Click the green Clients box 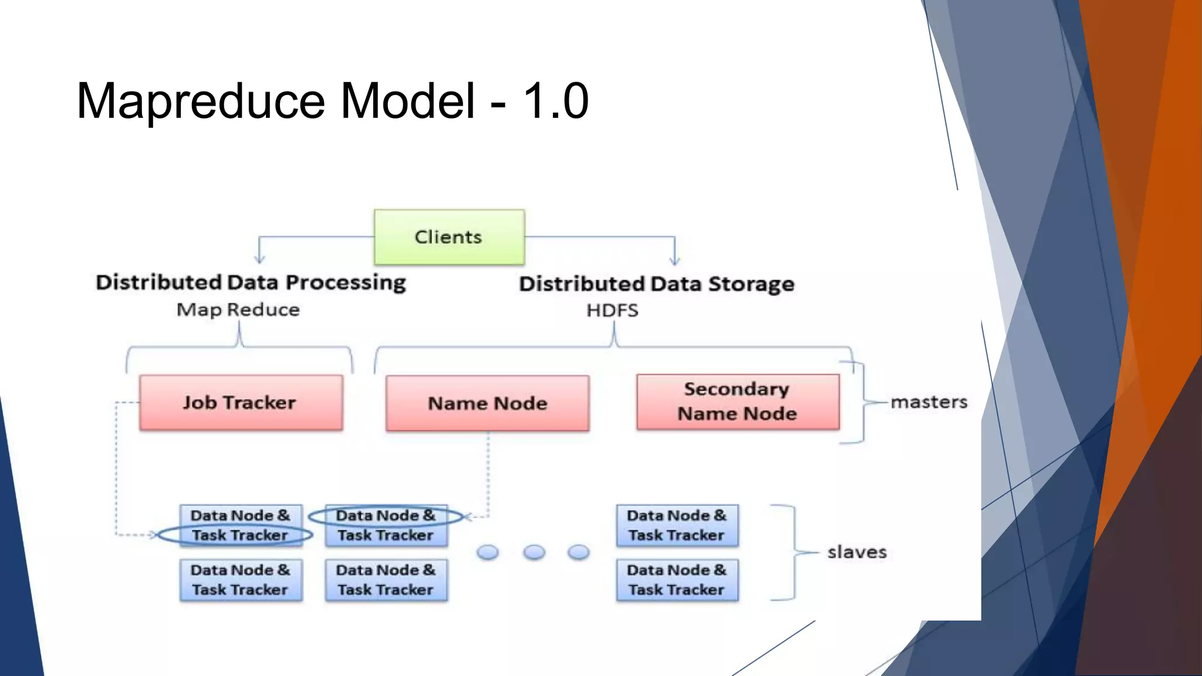(x=449, y=237)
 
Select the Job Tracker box (x=241, y=403)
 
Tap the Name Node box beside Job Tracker (x=487, y=403)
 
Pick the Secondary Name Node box (x=738, y=402)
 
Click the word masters (x=928, y=402)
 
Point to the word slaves (x=856, y=552)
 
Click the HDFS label (x=612, y=310)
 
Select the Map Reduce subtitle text (x=238, y=309)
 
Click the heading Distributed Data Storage (x=656, y=284)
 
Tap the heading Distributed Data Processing (x=251, y=282)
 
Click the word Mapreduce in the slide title (x=200, y=101)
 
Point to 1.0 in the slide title (x=555, y=101)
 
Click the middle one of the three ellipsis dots (x=534, y=552)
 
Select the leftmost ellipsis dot (x=488, y=552)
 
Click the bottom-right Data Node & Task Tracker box (x=677, y=580)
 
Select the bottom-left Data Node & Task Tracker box (x=241, y=580)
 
